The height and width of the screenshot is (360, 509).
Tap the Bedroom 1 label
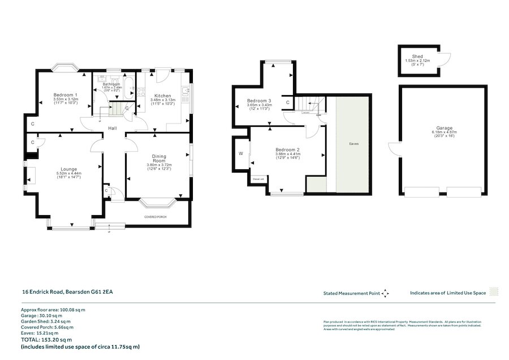tap(66, 94)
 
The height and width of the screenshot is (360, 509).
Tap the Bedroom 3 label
tap(259, 101)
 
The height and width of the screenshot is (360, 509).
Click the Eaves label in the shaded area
tap(353, 144)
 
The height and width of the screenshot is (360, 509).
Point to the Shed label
tap(417, 57)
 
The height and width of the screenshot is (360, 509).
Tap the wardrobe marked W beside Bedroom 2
tap(241, 153)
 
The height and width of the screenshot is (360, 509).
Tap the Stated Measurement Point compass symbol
tap(386, 293)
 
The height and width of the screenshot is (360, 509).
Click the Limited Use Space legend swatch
tap(494, 293)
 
